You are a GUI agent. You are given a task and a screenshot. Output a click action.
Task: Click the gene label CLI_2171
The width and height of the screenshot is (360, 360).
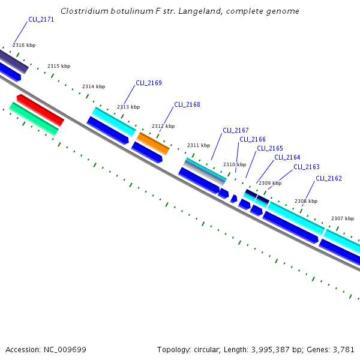tap(41, 20)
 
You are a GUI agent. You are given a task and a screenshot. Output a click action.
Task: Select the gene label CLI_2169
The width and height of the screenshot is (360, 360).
tap(149, 83)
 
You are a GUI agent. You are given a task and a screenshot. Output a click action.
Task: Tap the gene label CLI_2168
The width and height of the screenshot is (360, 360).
tap(187, 104)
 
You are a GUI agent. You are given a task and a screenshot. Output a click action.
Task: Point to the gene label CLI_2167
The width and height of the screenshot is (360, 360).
tap(236, 130)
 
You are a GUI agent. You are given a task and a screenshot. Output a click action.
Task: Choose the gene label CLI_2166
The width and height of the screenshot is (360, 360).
tap(253, 140)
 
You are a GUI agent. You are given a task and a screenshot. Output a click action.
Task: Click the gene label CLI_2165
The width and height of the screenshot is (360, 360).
tap(270, 149)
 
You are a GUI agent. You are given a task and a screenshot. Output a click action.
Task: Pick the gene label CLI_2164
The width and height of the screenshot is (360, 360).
tap(287, 158)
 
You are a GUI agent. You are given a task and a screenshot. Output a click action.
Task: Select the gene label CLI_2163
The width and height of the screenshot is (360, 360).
tap(307, 167)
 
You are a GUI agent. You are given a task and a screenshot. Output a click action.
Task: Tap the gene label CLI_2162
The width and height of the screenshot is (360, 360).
tap(329, 178)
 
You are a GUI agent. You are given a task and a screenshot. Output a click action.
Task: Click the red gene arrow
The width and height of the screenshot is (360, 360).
tap(40, 110)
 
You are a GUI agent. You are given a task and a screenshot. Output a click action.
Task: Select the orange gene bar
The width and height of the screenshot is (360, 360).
tap(154, 144)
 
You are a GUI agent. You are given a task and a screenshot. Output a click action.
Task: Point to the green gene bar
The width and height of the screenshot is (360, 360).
tap(34, 118)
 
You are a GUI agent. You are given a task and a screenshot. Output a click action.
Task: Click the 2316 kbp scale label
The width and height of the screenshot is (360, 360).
tap(24, 45)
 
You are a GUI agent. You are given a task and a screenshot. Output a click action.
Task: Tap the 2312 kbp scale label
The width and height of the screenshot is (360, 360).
tap(163, 127)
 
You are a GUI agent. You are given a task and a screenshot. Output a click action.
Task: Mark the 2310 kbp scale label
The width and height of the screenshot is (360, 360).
tap(235, 164)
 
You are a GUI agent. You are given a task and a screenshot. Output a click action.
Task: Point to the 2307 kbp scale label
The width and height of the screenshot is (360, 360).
tap(343, 219)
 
